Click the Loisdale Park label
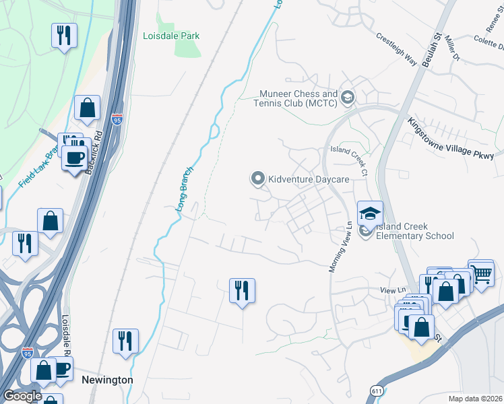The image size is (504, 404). [171, 36]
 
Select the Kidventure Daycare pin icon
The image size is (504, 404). [257, 178]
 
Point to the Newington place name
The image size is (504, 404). [106, 380]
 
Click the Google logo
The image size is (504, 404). [22, 396]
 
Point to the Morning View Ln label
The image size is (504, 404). [341, 247]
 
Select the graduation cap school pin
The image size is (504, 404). [370, 213]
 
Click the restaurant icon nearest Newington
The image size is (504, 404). [125, 341]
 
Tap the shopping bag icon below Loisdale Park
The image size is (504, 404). [87, 108]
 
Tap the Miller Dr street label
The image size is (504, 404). [451, 51]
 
